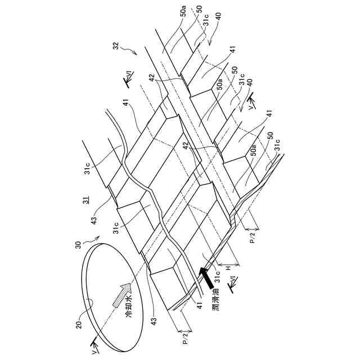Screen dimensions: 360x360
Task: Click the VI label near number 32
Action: (x=129, y=80)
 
